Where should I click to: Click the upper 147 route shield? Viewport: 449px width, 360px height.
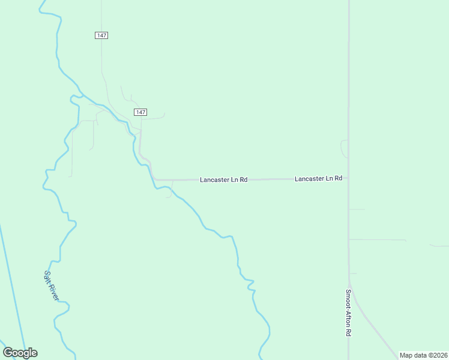pos(101,35)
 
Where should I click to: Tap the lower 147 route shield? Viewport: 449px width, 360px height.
pos(140,112)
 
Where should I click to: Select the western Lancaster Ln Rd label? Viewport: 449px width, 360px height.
pos(224,179)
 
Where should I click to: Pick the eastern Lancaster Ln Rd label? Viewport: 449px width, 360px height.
pos(318,179)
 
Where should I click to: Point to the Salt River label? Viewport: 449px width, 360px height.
pos(51,285)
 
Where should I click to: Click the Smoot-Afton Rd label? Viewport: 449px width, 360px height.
pos(348,313)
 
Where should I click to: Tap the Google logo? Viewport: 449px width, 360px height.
pos(20,353)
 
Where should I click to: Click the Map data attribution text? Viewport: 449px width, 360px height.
pos(423,355)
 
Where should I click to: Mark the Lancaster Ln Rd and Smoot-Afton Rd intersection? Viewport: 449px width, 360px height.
pos(349,178)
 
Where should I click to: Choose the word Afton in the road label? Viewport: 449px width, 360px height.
pos(348,317)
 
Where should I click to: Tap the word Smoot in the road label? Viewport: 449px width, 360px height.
pos(348,299)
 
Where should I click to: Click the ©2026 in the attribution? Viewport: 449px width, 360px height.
pos(437,355)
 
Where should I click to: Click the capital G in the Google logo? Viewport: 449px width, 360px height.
pos(8,353)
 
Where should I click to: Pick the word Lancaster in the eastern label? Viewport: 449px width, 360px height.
pos(310,179)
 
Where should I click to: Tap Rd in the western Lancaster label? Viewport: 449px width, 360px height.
pos(244,179)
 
